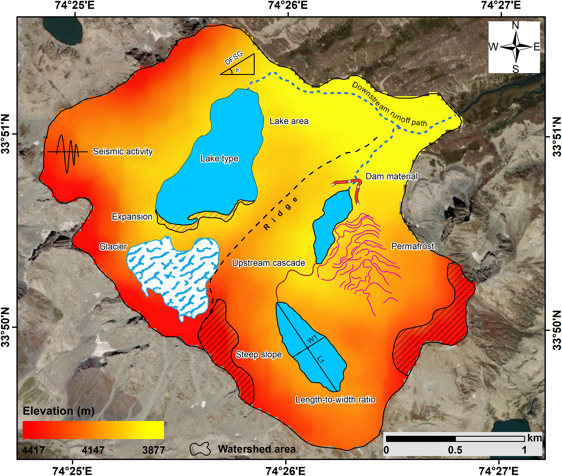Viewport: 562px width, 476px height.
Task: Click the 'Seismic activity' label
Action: [x=123, y=151]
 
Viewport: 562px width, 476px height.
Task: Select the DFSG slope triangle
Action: [x=241, y=66]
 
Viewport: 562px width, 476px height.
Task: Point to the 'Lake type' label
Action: [x=219, y=159]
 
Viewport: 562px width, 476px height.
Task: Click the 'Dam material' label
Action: [x=391, y=176]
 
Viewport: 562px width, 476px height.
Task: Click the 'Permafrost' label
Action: [x=412, y=246]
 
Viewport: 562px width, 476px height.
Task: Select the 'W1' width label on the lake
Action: [x=312, y=339]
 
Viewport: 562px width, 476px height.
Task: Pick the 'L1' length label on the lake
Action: [x=321, y=359]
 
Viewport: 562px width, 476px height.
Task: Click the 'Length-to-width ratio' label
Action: [x=335, y=400]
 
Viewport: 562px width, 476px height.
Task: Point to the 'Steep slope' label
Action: [x=258, y=354]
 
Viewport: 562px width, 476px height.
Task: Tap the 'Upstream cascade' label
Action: [x=269, y=263]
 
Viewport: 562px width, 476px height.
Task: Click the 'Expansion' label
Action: [x=132, y=217]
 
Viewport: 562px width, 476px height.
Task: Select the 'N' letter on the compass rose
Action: [x=515, y=25]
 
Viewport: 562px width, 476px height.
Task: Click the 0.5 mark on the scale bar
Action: [x=455, y=450]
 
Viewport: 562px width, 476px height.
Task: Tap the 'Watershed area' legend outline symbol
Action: [x=200, y=449]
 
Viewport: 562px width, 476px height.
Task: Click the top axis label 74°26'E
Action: [x=288, y=5]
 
